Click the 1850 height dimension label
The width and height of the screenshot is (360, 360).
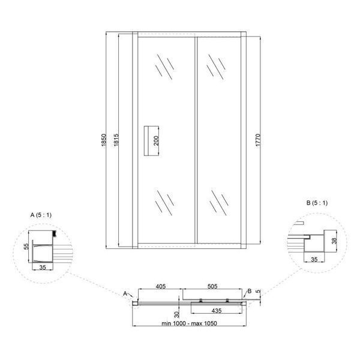[x=104, y=140]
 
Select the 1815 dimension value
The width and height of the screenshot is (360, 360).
[x=116, y=140]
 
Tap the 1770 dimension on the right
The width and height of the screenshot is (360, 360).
[x=258, y=140]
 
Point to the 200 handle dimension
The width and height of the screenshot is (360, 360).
[x=156, y=141]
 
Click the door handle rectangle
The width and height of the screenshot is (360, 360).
[x=151, y=141]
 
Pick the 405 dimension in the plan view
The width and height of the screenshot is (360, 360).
[x=161, y=286]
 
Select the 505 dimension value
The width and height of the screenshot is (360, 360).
[x=212, y=286]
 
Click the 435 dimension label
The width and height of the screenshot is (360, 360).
[x=217, y=311]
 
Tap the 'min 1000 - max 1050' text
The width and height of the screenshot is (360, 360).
[x=189, y=323]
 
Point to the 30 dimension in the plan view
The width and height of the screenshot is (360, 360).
[x=177, y=314]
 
